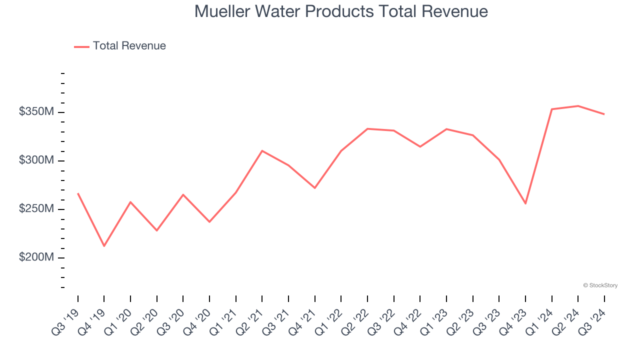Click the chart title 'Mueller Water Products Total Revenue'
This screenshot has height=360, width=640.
[341, 11]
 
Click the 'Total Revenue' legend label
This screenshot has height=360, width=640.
[129, 46]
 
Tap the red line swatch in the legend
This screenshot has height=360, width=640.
[81, 46]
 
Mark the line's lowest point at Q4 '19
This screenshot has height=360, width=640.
[104, 246]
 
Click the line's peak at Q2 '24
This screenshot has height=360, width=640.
[578, 106]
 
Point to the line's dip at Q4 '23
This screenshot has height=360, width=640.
[525, 203]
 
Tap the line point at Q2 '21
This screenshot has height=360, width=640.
[262, 150]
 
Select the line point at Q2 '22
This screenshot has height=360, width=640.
[367, 129]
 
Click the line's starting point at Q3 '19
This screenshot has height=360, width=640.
[78, 193]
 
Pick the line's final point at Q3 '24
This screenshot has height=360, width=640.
[604, 114]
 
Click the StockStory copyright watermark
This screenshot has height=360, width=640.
[600, 285]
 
